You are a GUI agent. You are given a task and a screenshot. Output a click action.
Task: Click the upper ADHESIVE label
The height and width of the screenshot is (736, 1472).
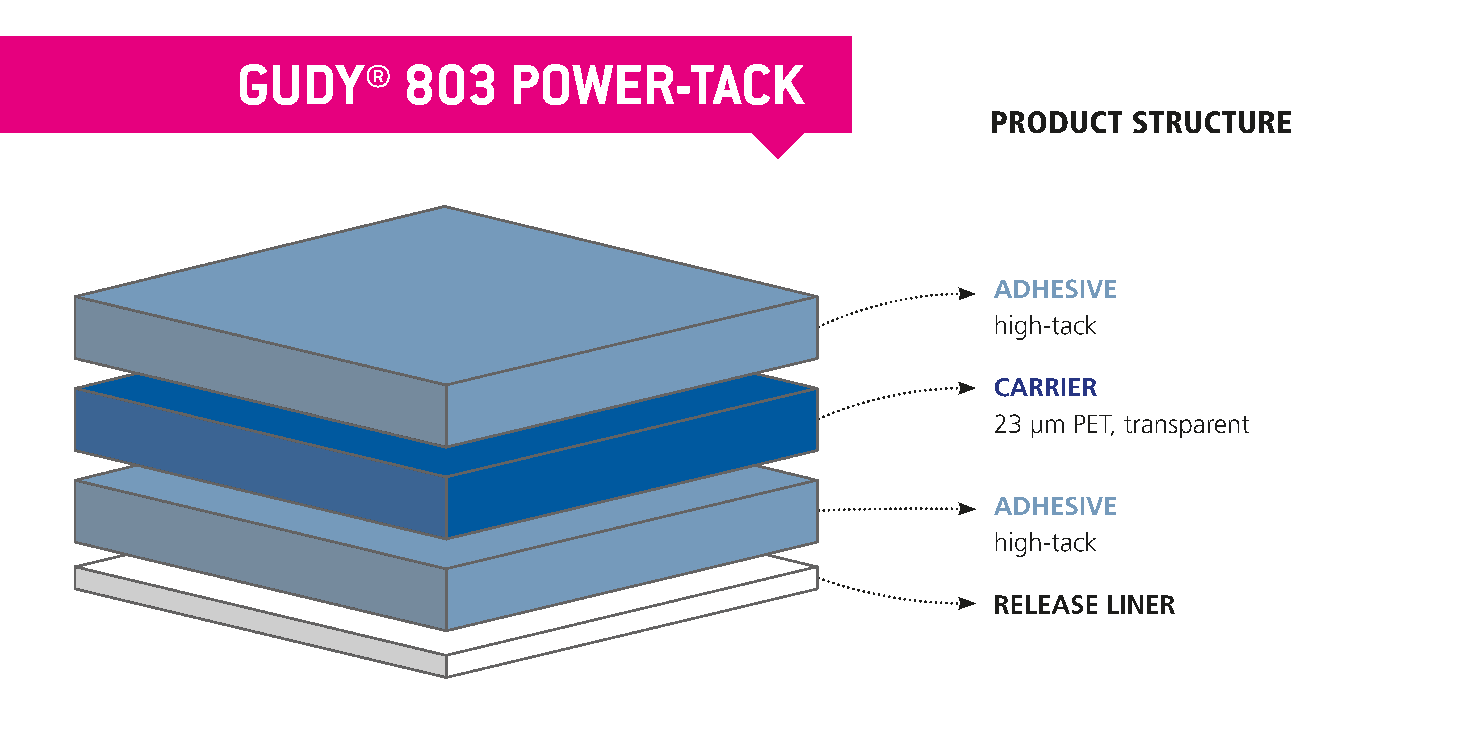point(1055,289)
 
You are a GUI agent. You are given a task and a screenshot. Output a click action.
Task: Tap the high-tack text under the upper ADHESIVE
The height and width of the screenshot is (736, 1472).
point(1045,326)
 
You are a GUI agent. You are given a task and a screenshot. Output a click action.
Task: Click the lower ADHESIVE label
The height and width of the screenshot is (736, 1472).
point(1055,506)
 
